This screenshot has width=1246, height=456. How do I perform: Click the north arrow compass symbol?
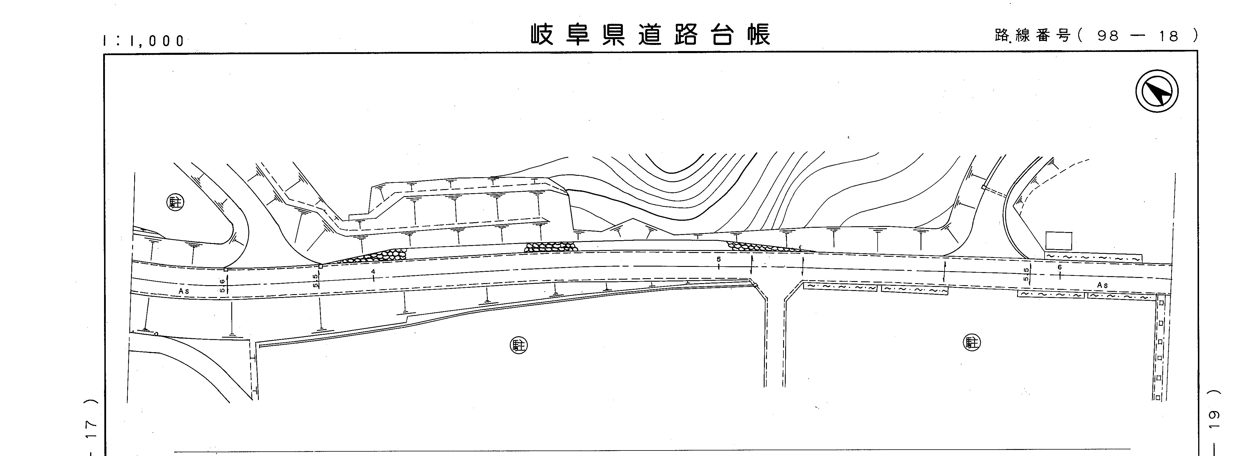(1156, 91)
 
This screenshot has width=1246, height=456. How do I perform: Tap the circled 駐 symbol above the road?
(176, 202)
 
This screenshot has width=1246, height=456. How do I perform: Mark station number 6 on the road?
(1059, 267)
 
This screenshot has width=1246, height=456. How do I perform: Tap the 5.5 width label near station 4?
(315, 281)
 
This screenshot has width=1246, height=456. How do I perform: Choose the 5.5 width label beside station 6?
(1026, 274)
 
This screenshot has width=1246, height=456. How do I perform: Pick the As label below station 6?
(1102, 285)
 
